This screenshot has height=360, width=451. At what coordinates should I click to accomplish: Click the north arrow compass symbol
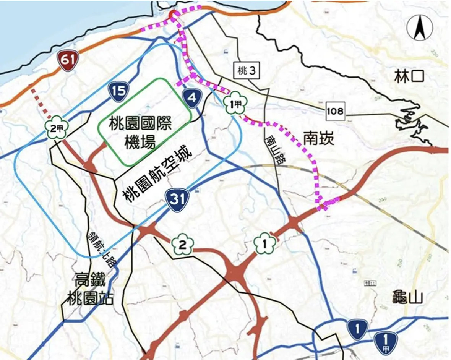420,28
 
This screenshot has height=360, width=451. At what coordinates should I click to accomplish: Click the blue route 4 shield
192,98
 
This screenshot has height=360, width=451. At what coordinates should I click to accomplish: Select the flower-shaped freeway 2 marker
183,245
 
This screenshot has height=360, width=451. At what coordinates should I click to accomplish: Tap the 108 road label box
336,111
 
